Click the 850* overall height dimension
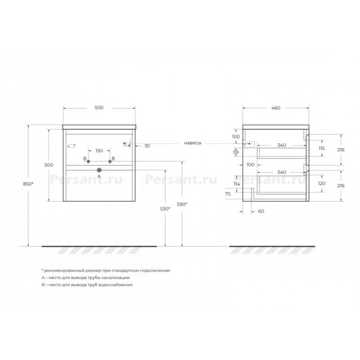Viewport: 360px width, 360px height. click(x=28, y=184)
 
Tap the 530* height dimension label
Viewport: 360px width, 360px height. click(x=165, y=209)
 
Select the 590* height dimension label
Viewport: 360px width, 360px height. click(x=182, y=204)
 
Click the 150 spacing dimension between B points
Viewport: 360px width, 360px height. click(x=99, y=151)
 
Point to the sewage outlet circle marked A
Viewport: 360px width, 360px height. click(x=99, y=170)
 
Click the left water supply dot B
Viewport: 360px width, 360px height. click(x=88, y=161)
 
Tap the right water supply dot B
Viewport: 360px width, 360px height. click(x=110, y=161)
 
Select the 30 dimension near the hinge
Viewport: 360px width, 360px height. click(x=147, y=146)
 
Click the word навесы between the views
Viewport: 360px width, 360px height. click(x=193, y=143)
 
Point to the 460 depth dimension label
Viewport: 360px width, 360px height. click(x=276, y=108)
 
